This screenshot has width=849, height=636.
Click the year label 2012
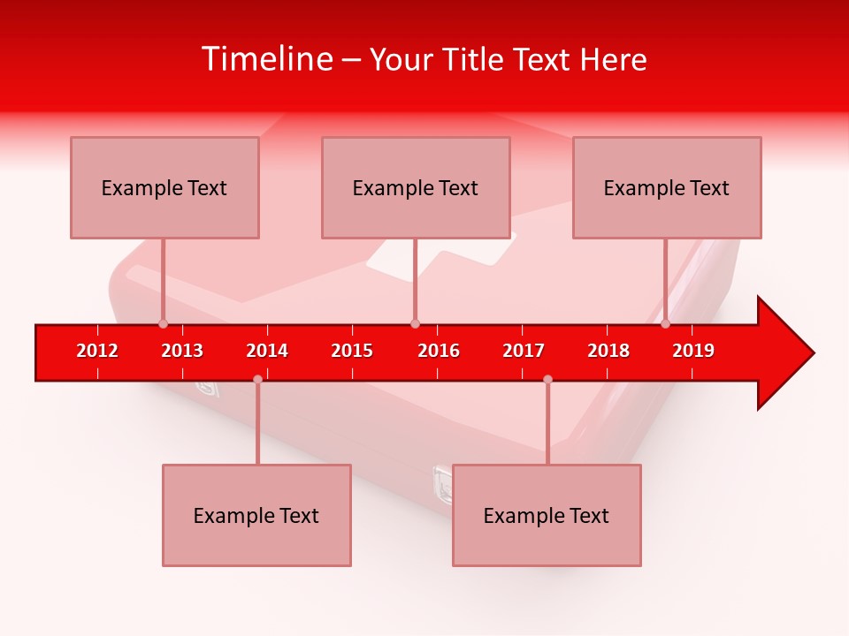[x=97, y=351]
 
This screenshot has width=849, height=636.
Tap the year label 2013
[x=182, y=351]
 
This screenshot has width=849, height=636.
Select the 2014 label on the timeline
[x=267, y=351]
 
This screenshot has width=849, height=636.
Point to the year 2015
[x=352, y=351]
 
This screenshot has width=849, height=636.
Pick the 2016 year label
[x=439, y=351]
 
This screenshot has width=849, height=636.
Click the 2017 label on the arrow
[x=524, y=351]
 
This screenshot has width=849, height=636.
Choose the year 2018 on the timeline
[x=608, y=351]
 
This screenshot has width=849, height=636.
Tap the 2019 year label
[x=693, y=351]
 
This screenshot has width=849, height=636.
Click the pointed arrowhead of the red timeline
[x=787, y=353]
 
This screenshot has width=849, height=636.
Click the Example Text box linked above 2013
[x=164, y=187]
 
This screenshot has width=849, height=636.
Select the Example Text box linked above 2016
[x=416, y=187]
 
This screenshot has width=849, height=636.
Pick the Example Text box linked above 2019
[x=667, y=187]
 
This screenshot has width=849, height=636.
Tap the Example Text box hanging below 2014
[x=256, y=515]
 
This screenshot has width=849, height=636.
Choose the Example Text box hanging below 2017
[x=547, y=515]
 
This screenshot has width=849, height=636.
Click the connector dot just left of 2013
[x=163, y=323]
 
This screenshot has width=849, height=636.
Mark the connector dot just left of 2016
[x=415, y=323]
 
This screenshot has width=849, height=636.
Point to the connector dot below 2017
[x=547, y=379]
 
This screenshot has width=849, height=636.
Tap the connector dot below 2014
[x=257, y=379]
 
